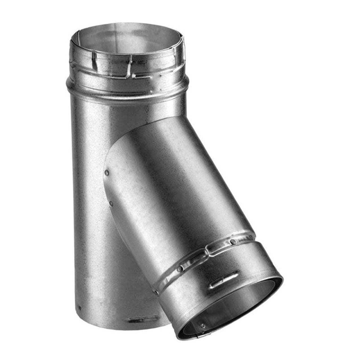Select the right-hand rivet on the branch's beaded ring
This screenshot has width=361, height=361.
coord(233,242)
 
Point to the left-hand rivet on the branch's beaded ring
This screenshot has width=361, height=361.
coord(179,269)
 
